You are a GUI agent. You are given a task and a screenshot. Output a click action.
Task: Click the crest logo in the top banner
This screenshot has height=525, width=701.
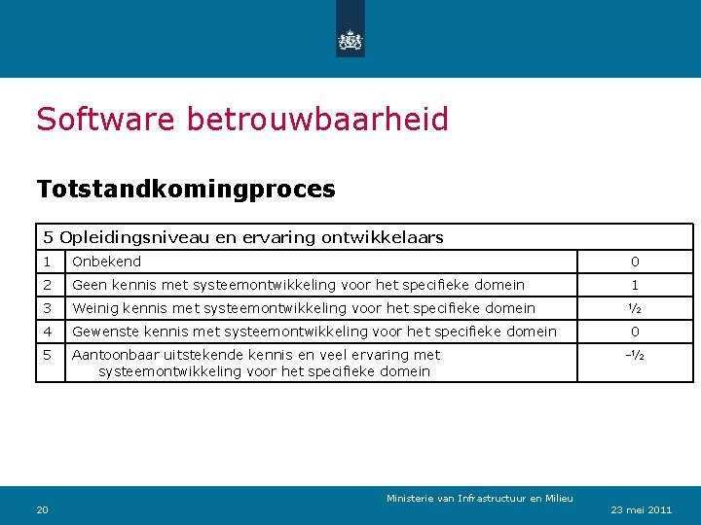pos(350,39)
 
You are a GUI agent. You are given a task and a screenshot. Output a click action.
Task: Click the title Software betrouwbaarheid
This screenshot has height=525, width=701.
pos(242,120)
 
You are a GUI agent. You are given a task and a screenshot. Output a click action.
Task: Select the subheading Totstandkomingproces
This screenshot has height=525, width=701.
pos(186,189)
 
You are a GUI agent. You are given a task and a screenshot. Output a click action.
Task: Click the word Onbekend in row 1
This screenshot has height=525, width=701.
pos(106,262)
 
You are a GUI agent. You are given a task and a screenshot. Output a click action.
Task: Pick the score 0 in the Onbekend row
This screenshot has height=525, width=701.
pos(635,262)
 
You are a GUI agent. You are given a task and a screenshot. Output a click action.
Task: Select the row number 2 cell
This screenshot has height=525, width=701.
pos(50,285)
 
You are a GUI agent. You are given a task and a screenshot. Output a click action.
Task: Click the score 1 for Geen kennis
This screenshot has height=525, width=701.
pos(635,285)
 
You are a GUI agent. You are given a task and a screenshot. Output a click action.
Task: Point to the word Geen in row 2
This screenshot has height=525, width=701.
pos(90,285)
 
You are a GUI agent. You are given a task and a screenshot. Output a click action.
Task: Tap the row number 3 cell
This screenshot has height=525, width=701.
pos(50,308)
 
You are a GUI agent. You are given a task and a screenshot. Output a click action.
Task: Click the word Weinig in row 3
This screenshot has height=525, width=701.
pos(95,308)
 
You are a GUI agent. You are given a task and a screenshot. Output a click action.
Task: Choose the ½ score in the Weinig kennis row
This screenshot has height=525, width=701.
pos(635,308)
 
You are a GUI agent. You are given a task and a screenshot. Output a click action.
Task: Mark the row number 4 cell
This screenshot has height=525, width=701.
pos(50,332)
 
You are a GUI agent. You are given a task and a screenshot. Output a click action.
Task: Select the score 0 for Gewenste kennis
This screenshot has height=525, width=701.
pos(635,332)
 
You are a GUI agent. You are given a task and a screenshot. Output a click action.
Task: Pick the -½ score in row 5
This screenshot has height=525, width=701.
pos(635,355)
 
